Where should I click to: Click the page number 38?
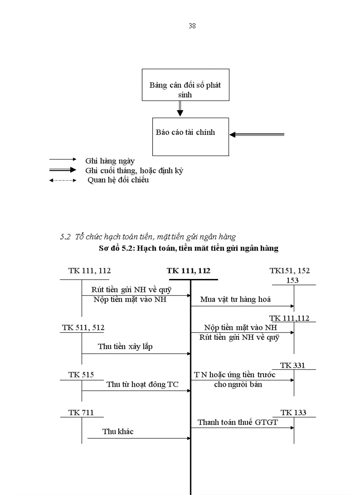192,26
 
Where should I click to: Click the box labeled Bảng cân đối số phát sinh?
185,85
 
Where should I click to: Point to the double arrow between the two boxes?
180,108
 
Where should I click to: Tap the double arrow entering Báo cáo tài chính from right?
257,134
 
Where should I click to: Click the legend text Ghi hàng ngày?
110,161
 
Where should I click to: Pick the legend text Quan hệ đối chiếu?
118,180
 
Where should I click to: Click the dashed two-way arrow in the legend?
63,180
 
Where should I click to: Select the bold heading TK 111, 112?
188,271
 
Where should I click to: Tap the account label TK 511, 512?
83,328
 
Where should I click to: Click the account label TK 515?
81,375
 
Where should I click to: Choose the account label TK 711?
81,413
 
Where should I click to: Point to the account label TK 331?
292,365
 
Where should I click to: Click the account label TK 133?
293,413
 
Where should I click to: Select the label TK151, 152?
290,271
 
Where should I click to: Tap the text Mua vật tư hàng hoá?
235,299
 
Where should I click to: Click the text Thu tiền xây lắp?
125,346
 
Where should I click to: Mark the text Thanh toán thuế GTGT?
238,422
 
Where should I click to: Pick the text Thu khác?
118,432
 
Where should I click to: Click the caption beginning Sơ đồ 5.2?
189,248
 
